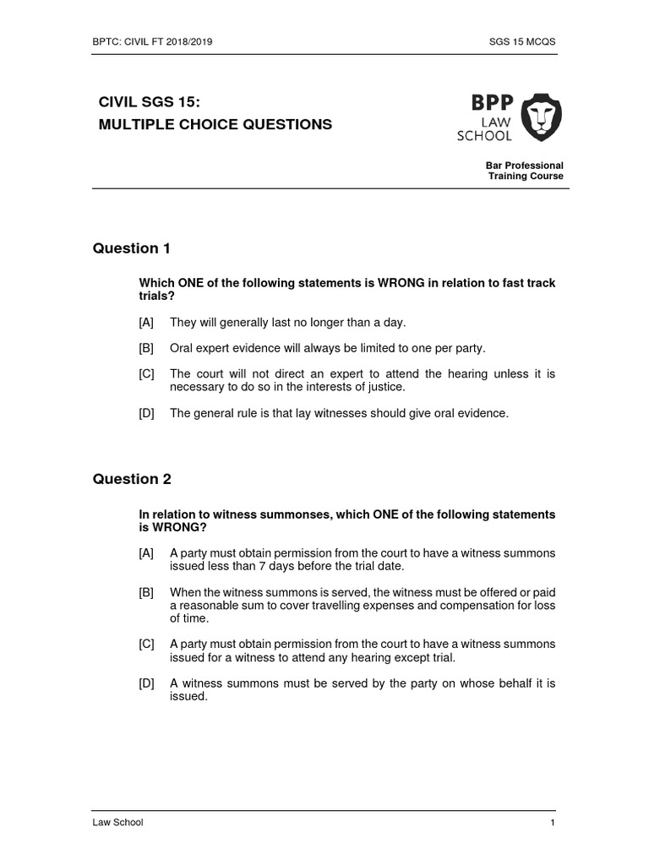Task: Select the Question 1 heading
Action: [x=131, y=248]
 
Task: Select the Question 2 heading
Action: [x=131, y=479]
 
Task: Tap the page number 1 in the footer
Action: [x=552, y=823]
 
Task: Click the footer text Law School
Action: [x=117, y=823]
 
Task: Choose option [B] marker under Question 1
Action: [x=146, y=348]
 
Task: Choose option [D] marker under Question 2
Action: [x=146, y=683]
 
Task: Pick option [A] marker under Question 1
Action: [x=146, y=322]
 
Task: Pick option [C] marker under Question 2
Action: [x=146, y=644]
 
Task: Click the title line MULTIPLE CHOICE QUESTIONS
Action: [x=215, y=124]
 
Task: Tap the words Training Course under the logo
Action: [x=526, y=176]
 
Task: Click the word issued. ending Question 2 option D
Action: [x=188, y=696]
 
